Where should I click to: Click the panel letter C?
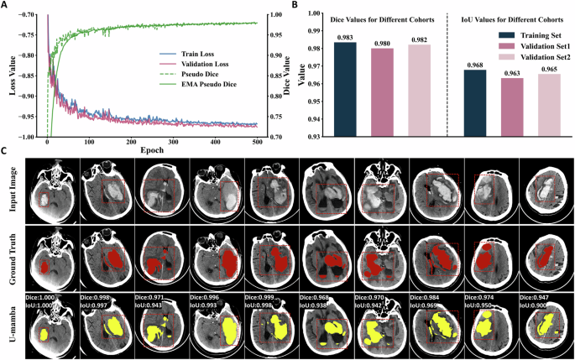tap(5, 151)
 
